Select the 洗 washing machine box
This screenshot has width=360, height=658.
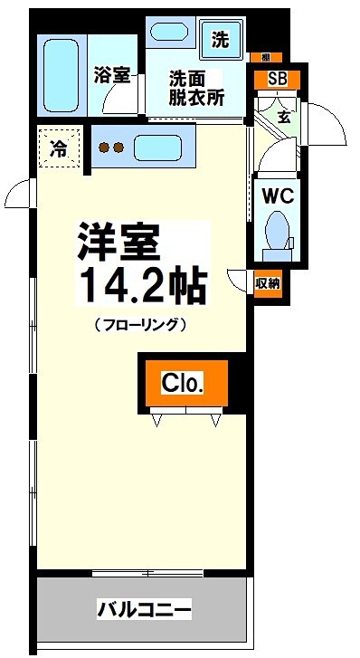[x=221, y=39]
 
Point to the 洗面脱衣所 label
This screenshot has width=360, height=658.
[x=194, y=89]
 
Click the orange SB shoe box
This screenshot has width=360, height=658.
[x=278, y=78]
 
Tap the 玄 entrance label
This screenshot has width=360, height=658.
[x=283, y=116]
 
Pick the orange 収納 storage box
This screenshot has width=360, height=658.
[x=268, y=282]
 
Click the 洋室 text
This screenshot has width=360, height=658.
[x=118, y=242]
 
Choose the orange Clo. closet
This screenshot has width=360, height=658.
[x=183, y=383]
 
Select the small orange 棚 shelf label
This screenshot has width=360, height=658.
[x=264, y=56]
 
